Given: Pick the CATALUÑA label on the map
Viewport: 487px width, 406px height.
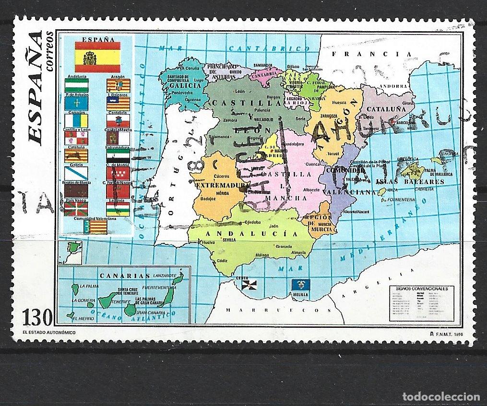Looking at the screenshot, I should (386, 109).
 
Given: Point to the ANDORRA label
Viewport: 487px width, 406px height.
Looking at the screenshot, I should (389, 87).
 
